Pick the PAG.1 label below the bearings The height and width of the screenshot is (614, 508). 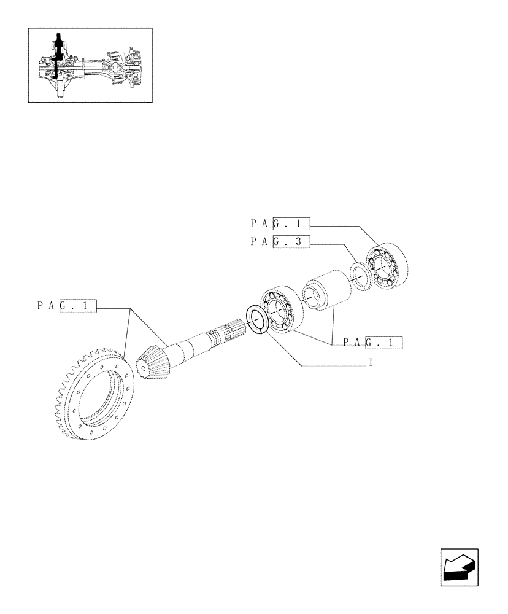(x=372, y=343)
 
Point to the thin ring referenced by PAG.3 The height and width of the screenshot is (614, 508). (x=360, y=274)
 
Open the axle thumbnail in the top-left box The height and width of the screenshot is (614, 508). (x=90, y=64)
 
